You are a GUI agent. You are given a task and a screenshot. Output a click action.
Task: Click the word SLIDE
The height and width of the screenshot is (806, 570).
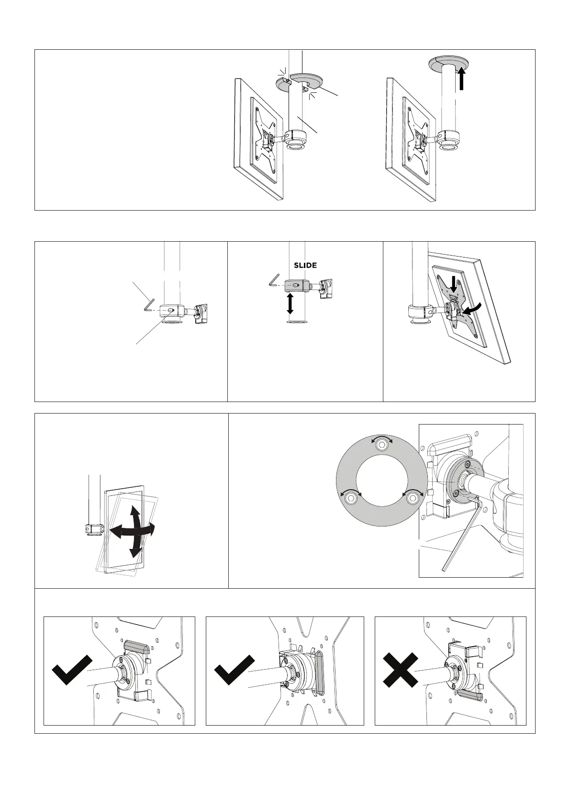pos(305,265)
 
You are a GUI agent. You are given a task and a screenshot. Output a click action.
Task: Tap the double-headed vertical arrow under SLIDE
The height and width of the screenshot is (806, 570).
pos(290,303)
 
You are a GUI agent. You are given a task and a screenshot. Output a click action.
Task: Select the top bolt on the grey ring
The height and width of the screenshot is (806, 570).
pos(381,443)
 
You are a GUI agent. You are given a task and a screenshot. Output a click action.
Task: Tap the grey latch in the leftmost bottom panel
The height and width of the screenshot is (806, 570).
pos(137,647)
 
